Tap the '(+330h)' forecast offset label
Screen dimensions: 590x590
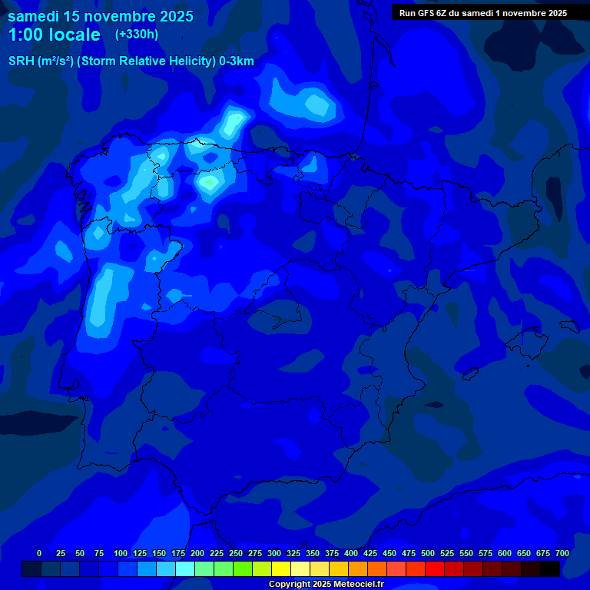point(136,34)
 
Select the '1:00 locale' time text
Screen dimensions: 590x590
point(54,35)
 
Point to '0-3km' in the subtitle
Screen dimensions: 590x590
point(237,61)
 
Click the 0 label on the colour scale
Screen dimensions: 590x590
point(39,554)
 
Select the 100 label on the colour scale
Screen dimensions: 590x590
point(121,554)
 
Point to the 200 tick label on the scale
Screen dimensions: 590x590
point(197,554)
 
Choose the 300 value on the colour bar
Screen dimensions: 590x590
point(274,554)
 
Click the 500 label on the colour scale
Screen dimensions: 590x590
point(428,554)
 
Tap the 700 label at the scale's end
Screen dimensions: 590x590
point(562,554)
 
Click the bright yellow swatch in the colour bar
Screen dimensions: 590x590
point(281,569)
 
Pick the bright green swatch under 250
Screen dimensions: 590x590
point(243,569)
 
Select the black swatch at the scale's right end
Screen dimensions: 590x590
point(550,569)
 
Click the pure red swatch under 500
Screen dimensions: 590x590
point(435,569)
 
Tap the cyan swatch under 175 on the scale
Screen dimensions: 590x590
point(185,569)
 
